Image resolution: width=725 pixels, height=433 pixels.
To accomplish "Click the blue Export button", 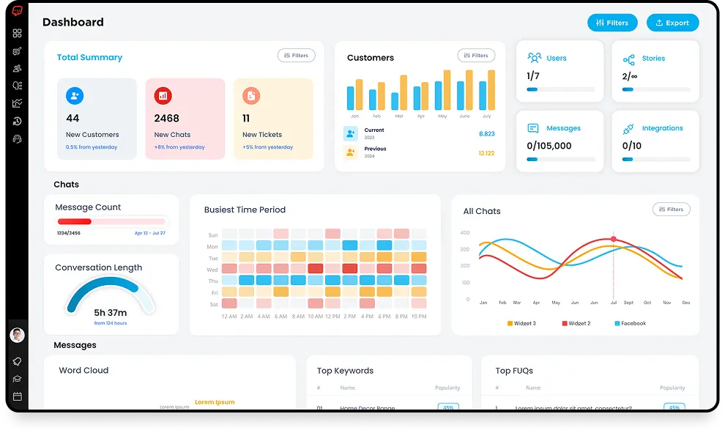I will tap(672, 23).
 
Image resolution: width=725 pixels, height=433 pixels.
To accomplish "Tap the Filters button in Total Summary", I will tap(296, 56).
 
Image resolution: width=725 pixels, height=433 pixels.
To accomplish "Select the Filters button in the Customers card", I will tap(476, 56).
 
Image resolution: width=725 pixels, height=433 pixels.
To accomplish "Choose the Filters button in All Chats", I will tap(671, 210).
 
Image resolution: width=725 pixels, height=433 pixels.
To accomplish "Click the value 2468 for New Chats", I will tap(166, 118).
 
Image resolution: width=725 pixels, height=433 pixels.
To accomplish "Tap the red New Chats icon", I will tap(163, 95).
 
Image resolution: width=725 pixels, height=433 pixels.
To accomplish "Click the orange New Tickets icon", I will tap(251, 95).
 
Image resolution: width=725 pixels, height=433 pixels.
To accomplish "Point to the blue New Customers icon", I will tap(75, 95).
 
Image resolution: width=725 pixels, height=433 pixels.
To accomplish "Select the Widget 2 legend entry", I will tap(576, 323).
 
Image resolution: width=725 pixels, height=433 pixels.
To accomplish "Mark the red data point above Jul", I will tap(614, 239).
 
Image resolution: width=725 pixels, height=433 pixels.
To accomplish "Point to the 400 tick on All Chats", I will tap(464, 233).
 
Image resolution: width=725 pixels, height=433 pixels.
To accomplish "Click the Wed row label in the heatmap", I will tap(212, 270).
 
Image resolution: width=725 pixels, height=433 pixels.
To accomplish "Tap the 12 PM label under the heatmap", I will tap(332, 317).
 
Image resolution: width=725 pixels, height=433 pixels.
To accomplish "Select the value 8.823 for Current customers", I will tap(486, 134).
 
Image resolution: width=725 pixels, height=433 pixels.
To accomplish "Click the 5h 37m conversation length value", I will tap(111, 313).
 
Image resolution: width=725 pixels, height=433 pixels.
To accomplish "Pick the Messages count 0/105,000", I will tap(549, 146).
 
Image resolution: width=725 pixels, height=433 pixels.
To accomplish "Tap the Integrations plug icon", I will tap(628, 129).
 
